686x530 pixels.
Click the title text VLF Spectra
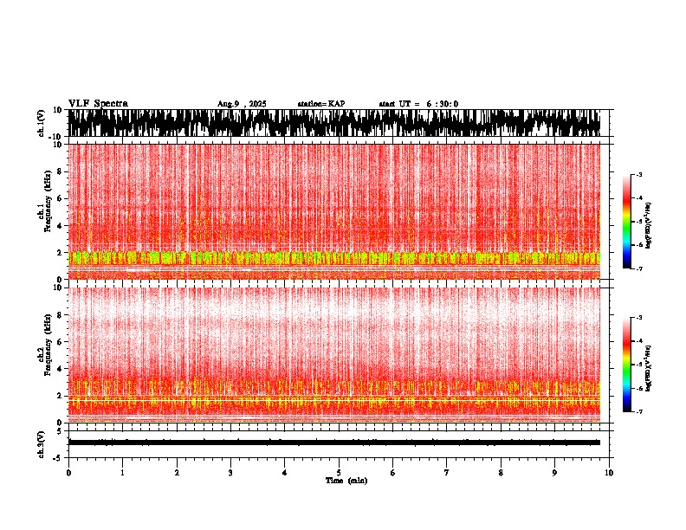pyautogui.click(x=98, y=104)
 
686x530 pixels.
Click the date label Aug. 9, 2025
pyautogui.click(x=242, y=104)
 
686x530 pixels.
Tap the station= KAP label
pyautogui.click(x=320, y=104)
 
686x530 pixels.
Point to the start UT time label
pyautogui.click(x=418, y=104)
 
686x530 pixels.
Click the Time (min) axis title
pyautogui.click(x=346, y=481)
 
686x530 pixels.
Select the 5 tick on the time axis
pyautogui.click(x=339, y=473)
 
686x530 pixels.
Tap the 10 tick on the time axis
pyautogui.click(x=609, y=473)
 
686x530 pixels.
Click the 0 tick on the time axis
pyautogui.click(x=68, y=473)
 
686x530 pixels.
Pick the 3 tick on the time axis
pyautogui.click(x=230, y=473)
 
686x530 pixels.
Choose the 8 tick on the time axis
pyautogui.click(x=501, y=473)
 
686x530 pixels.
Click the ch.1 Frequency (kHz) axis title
pyautogui.click(x=44, y=211)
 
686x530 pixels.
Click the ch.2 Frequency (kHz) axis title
pyautogui.click(x=44, y=354)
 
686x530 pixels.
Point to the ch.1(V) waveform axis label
pyautogui.click(x=41, y=123)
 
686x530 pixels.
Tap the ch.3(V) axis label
pyautogui.click(x=41, y=443)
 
